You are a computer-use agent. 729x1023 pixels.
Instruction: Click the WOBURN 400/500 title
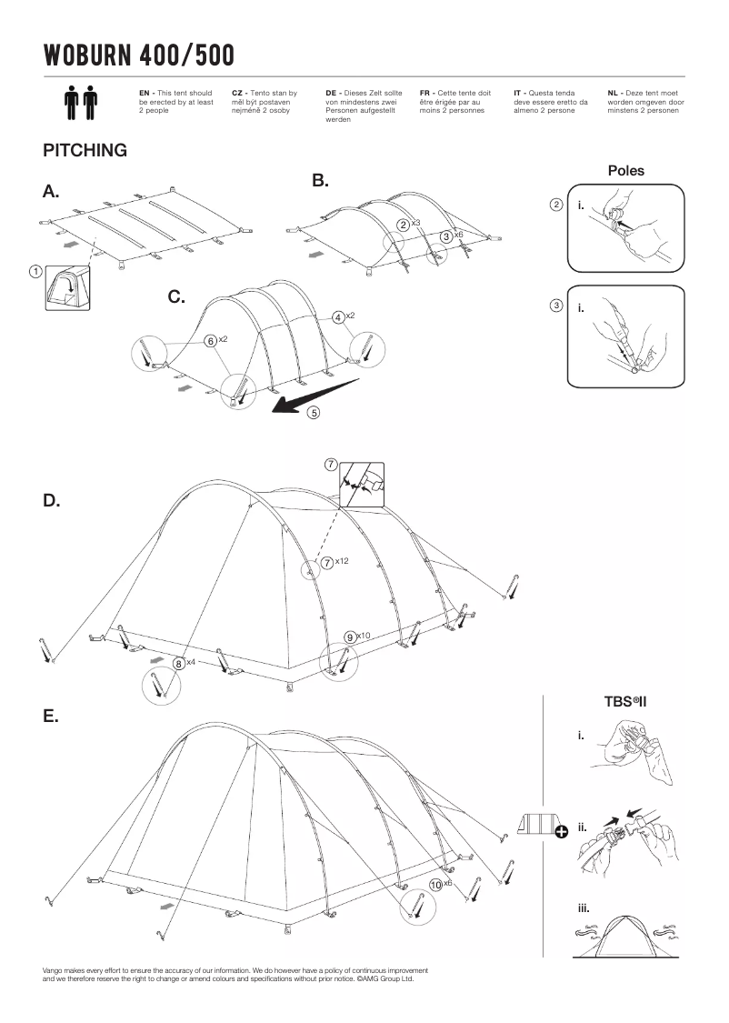[x=138, y=56]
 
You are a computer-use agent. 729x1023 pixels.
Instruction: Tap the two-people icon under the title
[x=82, y=103]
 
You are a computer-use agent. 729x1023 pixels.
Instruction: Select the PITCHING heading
[x=85, y=151]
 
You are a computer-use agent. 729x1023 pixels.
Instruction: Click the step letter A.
[x=50, y=192]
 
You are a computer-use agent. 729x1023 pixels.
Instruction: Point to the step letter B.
[x=320, y=181]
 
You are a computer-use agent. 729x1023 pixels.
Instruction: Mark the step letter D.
[x=51, y=501]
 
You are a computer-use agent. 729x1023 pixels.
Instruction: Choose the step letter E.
[x=50, y=717]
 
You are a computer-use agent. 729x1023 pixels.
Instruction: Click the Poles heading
[x=625, y=171]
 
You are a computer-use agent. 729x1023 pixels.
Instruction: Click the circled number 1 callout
[x=35, y=270]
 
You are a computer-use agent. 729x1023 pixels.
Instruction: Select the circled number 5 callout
[x=314, y=413]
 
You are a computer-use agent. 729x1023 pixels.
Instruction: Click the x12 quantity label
[x=342, y=561]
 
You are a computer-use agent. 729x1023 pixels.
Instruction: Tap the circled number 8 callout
[x=179, y=664]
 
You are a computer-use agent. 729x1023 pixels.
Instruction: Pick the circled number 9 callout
[x=350, y=637]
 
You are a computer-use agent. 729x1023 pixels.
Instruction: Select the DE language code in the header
[x=331, y=93]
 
